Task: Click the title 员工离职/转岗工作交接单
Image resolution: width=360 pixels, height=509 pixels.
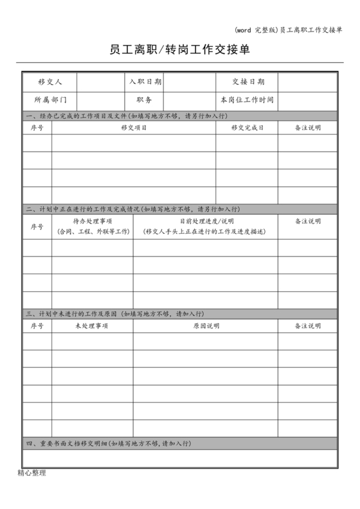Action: pyautogui.click(x=179, y=49)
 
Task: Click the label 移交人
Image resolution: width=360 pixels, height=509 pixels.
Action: pyautogui.click(x=50, y=82)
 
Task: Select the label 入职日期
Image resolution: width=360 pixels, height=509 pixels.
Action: pyautogui.click(x=145, y=82)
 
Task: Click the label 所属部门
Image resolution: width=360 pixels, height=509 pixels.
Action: pyautogui.click(x=50, y=100)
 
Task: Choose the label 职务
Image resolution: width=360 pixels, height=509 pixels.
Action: pyautogui.click(x=145, y=100)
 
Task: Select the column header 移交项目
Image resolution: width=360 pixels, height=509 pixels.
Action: pyautogui.click(x=134, y=128)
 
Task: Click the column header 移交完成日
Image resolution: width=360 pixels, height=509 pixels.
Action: pyautogui.click(x=248, y=128)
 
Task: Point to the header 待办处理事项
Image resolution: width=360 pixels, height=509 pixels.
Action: pyautogui.click(x=93, y=221)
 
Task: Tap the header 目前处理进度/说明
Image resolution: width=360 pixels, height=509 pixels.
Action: pyautogui.click(x=206, y=221)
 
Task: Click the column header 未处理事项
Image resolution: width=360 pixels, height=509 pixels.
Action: pyautogui.click(x=93, y=326)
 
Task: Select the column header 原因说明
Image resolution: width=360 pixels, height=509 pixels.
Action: pyautogui.click(x=206, y=326)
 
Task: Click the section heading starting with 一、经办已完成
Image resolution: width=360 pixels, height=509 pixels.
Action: pyautogui.click(x=126, y=116)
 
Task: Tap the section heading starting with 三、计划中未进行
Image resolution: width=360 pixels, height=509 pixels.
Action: pyautogui.click(x=114, y=314)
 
